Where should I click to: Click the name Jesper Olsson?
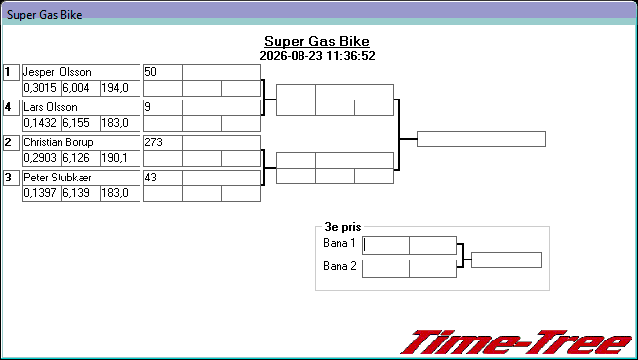pos(58,72)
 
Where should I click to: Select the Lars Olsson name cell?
pos(81,107)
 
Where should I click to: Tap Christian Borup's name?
pos(59,142)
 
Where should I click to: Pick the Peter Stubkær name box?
pos(81,178)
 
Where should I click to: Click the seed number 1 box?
pos(11,72)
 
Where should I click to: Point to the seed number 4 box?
pos(11,107)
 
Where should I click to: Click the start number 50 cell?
pos(163,72)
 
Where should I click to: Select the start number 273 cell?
pos(163,142)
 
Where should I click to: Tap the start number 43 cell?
pos(163,178)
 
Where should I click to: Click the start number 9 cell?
pos(163,107)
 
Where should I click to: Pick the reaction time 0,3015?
pos(40,88)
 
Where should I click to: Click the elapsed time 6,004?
pos(76,88)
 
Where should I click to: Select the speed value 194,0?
pos(115,88)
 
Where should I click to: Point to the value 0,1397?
pos(40,193)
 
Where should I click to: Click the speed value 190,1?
pos(115,158)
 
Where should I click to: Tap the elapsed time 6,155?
pos(76,123)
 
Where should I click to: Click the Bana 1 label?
pos(339,243)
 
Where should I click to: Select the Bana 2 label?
pos(339,266)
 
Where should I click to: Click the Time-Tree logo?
pos(516,342)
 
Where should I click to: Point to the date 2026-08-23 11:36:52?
pos(317,56)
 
